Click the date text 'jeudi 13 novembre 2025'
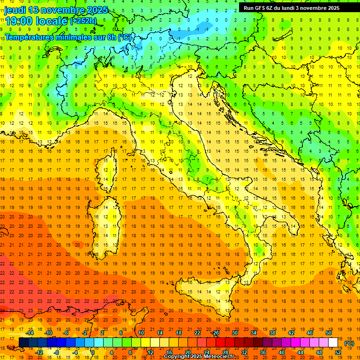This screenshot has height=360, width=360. (x=56, y=10)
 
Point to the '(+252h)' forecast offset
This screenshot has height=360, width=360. (x=83, y=21)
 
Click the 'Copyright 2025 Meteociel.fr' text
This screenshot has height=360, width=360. (x=199, y=357)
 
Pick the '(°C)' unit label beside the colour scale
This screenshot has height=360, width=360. (x=349, y=343)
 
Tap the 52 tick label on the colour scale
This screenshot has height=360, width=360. (x=338, y=352)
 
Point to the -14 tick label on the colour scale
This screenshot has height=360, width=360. (x=30, y=333)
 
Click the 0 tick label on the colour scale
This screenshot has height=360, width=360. (x=92, y=352)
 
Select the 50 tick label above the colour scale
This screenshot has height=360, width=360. (x=329, y=333)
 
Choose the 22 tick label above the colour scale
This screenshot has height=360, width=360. (x=197, y=333)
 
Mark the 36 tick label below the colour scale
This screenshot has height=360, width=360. (x=263, y=352)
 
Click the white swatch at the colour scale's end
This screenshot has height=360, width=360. (x=333, y=343)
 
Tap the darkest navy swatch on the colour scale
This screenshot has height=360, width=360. (x=23, y=343)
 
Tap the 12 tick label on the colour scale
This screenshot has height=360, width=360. (x=150, y=352)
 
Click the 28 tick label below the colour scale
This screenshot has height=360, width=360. (x=225, y=352)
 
